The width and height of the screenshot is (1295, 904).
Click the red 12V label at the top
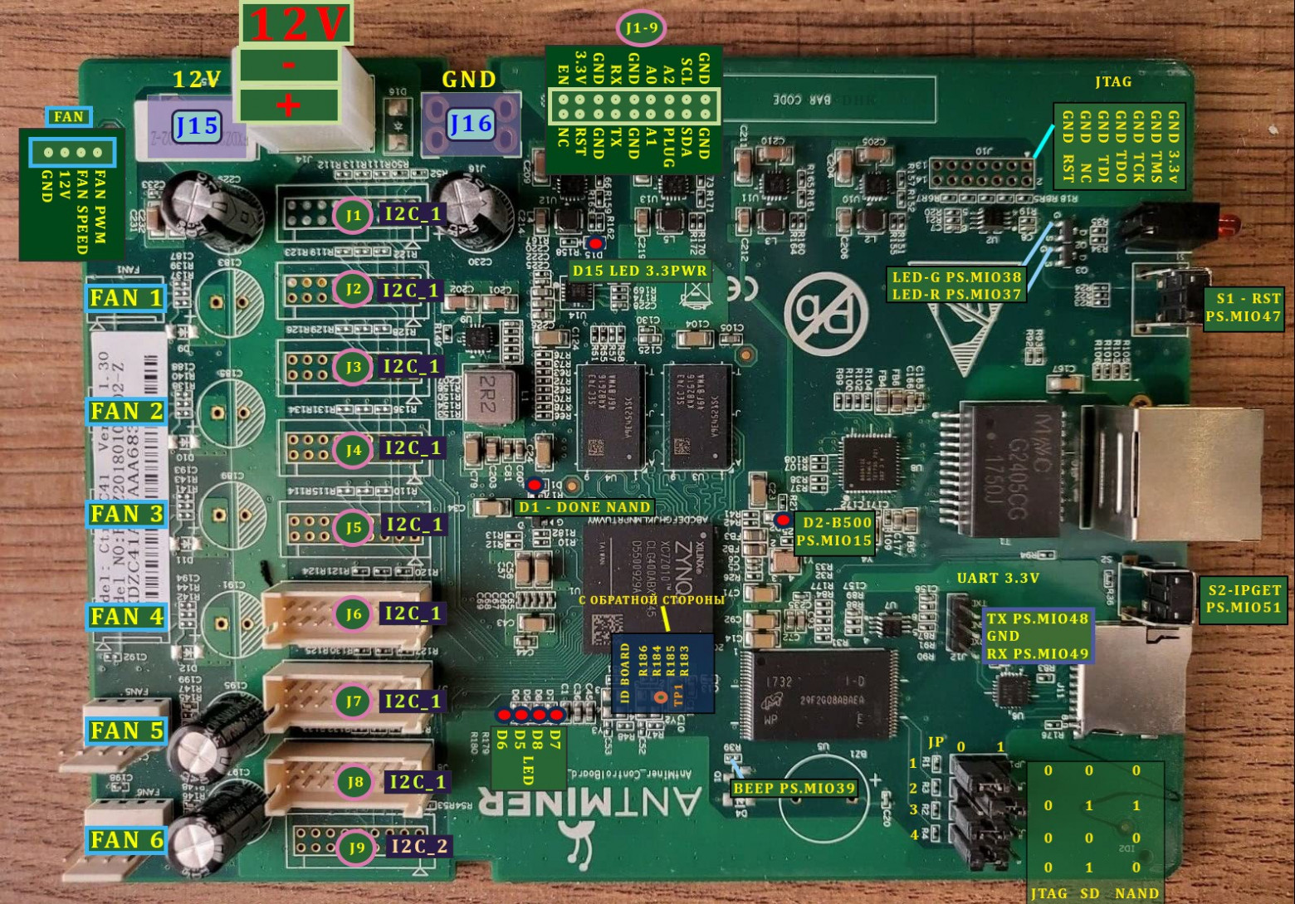[296, 23]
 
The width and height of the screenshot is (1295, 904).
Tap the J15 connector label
[197, 125]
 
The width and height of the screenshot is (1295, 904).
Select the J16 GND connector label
[471, 124]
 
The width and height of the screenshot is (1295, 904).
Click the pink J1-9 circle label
[641, 29]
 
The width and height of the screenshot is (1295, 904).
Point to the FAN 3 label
[127, 514]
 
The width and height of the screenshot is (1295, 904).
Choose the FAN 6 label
[127, 840]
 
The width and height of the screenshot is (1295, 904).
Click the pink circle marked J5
[354, 526]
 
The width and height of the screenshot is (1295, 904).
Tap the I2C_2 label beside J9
[419, 846]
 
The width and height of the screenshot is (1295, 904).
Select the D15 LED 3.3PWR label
[639, 271]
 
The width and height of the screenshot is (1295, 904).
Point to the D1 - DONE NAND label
[584, 506]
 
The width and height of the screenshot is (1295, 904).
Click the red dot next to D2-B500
[782, 520]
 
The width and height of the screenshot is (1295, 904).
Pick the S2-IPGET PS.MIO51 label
[1244, 599]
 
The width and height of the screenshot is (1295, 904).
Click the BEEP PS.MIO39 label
[794, 788]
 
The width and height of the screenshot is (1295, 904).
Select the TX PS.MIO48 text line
[1037, 618]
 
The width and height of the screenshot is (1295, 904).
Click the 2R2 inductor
[487, 396]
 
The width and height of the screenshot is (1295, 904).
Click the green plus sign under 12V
[288, 105]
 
